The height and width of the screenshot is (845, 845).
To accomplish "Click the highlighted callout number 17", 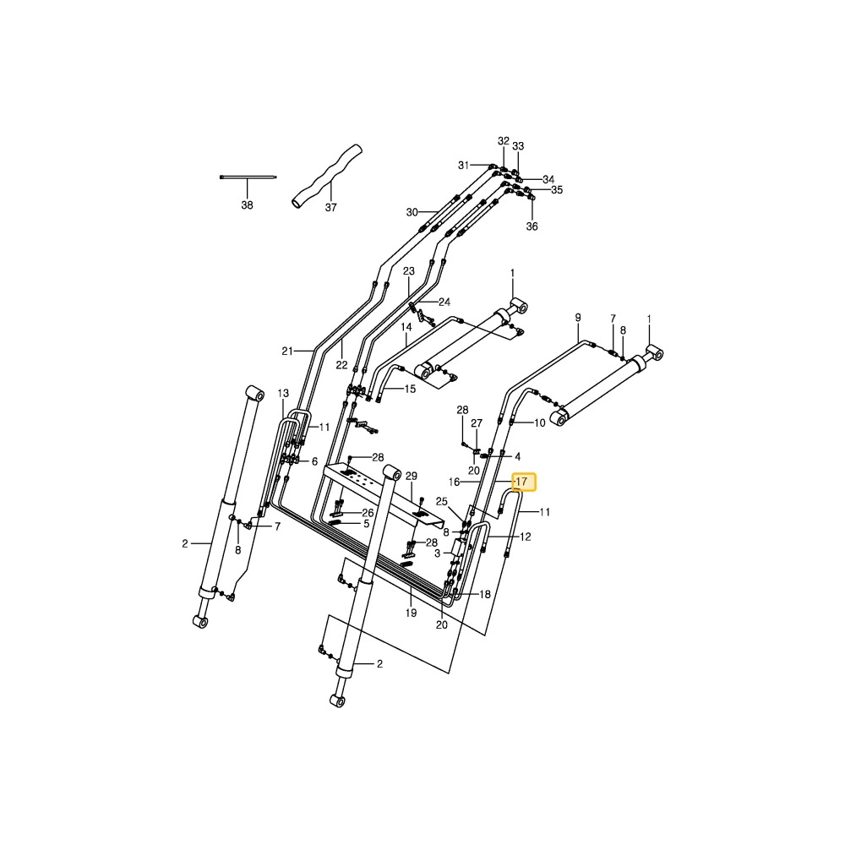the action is [x=521, y=482].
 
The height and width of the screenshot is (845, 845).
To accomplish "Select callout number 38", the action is [x=247, y=205].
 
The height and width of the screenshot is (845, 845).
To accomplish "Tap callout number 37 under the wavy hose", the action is [x=331, y=208].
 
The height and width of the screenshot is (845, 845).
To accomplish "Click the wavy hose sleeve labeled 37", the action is [x=327, y=176].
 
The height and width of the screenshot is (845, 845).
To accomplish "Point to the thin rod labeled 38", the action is [x=248, y=177].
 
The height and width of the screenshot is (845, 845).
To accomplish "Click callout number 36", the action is [x=532, y=226].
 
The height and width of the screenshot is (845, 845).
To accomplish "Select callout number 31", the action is [x=463, y=166].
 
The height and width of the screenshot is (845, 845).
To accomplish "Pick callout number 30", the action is [x=412, y=212].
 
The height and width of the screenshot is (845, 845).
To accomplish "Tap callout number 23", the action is [x=409, y=271].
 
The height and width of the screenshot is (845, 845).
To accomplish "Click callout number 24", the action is [x=444, y=303].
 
